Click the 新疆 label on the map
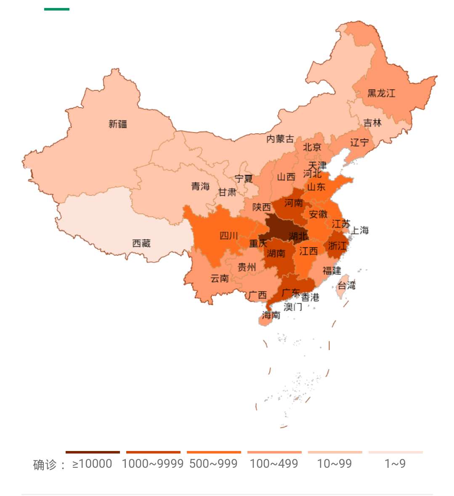click(118, 124)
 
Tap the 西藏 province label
click(141, 244)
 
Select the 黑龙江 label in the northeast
click(381, 93)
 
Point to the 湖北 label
click(298, 236)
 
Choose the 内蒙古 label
click(280, 139)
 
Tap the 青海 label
click(200, 186)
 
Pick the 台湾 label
click(347, 286)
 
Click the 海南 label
click(271, 315)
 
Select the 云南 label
click(220, 279)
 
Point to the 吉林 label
click(372, 123)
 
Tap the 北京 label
click(312, 147)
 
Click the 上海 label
click(360, 231)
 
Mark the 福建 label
click(332, 271)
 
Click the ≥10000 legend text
click(92, 464)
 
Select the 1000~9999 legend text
click(153, 464)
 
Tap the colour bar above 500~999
click(214, 452)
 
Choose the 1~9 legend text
click(395, 464)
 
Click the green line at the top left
click(57, 9)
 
